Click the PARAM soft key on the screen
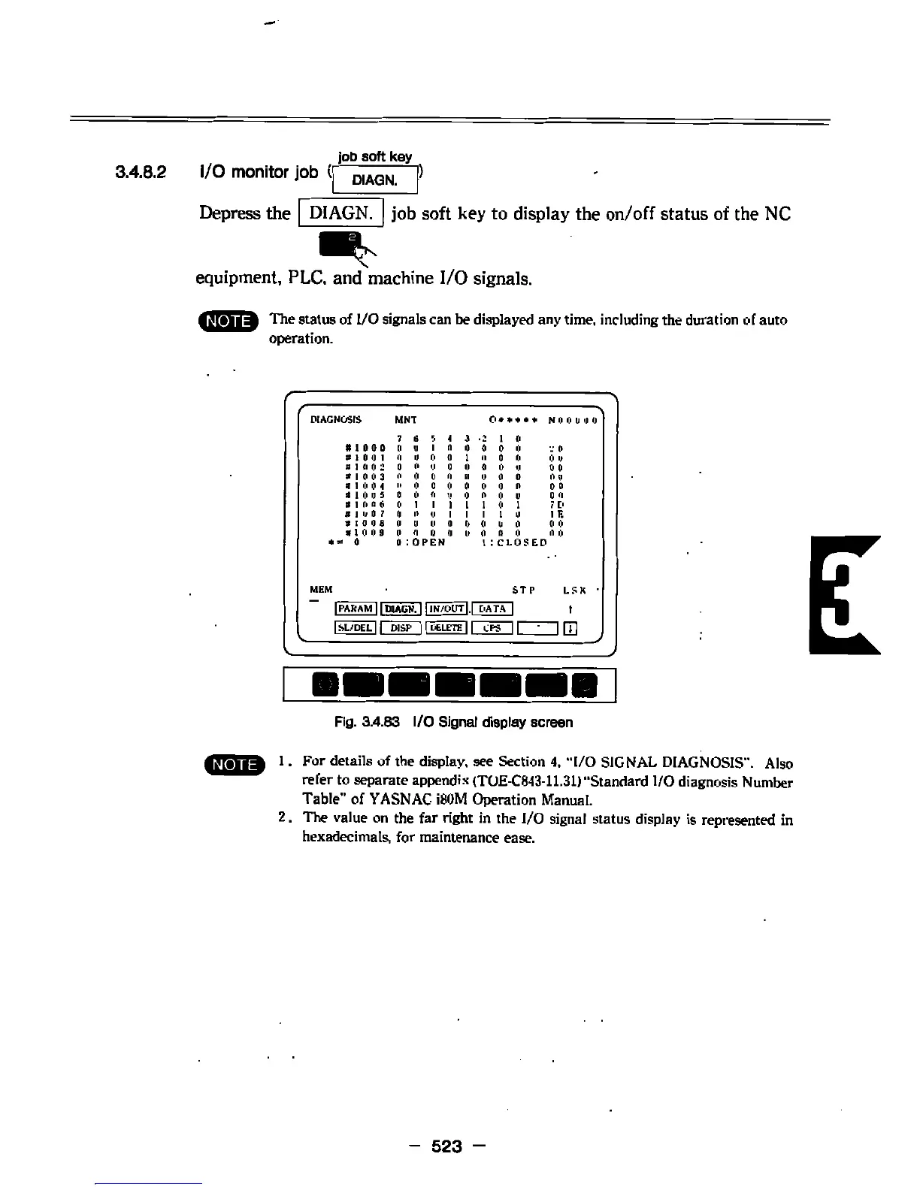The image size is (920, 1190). click(356, 609)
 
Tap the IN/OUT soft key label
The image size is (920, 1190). click(447, 609)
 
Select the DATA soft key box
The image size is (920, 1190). click(492, 609)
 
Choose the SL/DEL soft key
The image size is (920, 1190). click(356, 628)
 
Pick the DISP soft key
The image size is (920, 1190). click(401, 628)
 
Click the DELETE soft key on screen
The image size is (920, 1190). click(447, 628)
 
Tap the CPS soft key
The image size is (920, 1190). click(492, 628)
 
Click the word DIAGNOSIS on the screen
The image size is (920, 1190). click(335, 419)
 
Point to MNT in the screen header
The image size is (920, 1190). click(405, 419)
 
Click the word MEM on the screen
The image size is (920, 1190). click(321, 590)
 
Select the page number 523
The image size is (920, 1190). click(446, 1146)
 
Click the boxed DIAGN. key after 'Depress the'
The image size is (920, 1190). click(341, 213)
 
